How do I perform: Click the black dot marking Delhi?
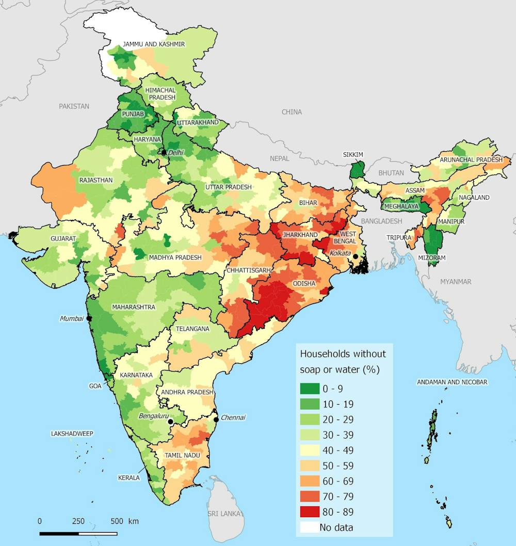tap(164, 153)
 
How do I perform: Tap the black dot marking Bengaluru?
tap(171, 422)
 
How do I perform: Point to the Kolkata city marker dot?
tap(356, 256)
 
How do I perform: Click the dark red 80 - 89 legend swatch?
tap(309, 511)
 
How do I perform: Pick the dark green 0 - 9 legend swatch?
tap(309, 388)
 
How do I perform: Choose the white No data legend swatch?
tap(309, 527)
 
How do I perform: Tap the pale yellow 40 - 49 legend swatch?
tap(309, 450)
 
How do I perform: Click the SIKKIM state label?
tap(353, 154)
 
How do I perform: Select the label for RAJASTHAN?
tap(96, 180)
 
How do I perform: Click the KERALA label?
tap(128, 478)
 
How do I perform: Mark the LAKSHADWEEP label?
tap(72, 433)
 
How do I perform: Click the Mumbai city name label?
tap(71, 318)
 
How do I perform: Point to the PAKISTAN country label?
tap(74, 106)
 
